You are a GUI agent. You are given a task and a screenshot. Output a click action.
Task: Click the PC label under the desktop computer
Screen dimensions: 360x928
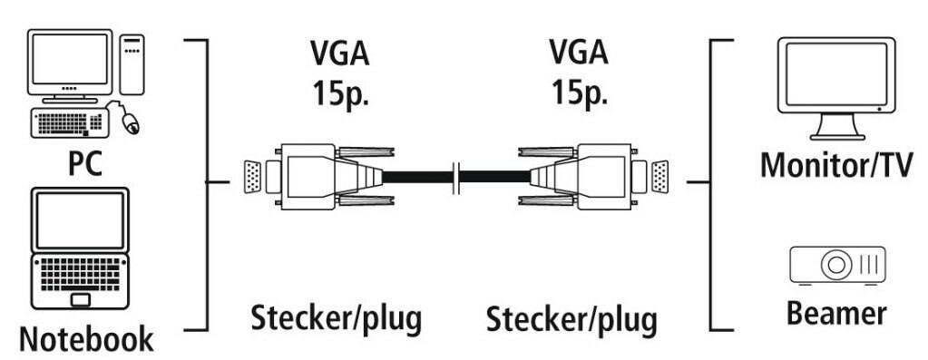(x=85, y=165)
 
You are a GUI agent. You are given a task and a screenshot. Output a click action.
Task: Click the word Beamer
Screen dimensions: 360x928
(x=835, y=314)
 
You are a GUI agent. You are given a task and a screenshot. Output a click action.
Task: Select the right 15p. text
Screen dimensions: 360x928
(x=581, y=93)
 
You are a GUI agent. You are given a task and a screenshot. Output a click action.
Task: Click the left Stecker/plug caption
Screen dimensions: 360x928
(x=336, y=319)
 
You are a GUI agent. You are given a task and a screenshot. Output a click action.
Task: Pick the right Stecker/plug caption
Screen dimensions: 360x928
(x=571, y=319)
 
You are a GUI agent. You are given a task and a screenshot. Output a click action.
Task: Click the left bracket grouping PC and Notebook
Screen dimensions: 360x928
(x=207, y=181)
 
